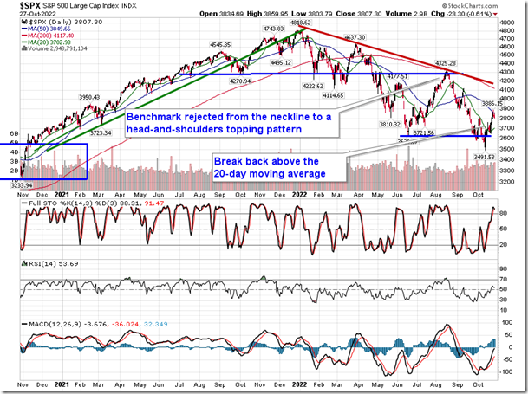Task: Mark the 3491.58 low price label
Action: click(x=482, y=158)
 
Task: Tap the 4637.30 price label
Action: click(x=356, y=38)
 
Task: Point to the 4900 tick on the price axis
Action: click(x=512, y=20)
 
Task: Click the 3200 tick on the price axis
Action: click(x=512, y=184)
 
